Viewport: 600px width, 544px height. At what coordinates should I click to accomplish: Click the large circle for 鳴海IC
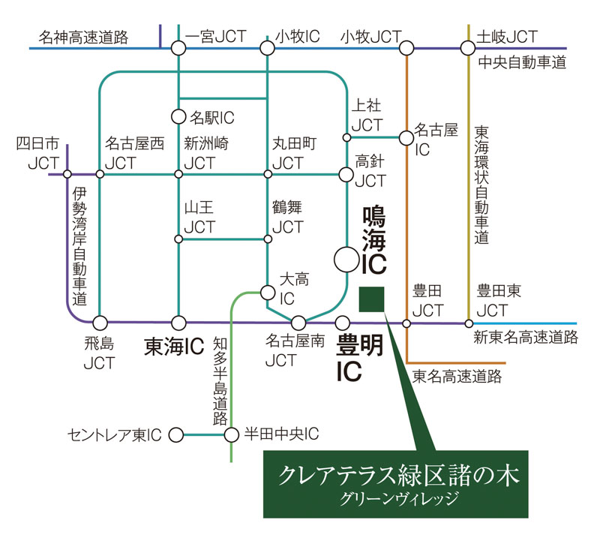(x=347, y=260)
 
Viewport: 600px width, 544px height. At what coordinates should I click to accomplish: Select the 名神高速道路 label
(x=84, y=36)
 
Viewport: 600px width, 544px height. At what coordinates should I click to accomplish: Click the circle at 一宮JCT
(x=178, y=48)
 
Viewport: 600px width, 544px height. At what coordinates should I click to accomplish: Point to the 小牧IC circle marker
(x=267, y=48)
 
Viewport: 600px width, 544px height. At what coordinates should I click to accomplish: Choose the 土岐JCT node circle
(x=468, y=48)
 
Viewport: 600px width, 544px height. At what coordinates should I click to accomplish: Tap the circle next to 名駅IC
(x=178, y=116)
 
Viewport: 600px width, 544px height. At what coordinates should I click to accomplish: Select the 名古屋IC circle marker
(x=406, y=137)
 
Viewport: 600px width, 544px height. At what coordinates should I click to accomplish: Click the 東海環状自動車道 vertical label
(x=481, y=185)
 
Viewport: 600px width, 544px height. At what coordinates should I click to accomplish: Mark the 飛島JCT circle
(x=100, y=323)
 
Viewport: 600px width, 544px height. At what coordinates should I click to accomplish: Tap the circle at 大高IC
(x=267, y=291)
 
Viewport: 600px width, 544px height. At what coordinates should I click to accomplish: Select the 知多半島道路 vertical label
(x=220, y=380)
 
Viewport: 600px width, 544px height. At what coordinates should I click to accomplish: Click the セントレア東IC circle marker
(x=176, y=434)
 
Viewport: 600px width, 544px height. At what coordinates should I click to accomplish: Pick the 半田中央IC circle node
(x=232, y=434)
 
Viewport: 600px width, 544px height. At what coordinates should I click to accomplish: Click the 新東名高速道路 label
(x=526, y=338)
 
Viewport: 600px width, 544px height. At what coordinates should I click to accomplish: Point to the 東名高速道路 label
(x=457, y=376)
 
